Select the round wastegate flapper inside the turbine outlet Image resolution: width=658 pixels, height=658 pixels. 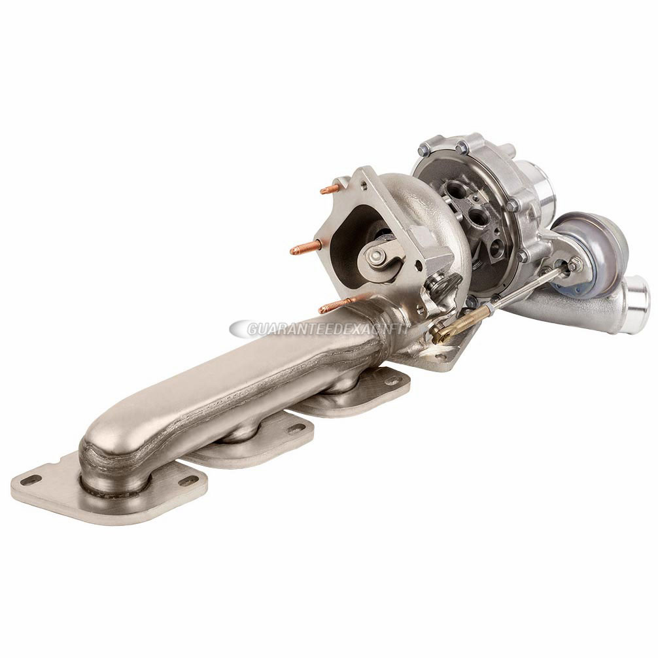click(x=377, y=256)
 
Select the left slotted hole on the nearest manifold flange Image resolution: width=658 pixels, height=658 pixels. click(x=29, y=480)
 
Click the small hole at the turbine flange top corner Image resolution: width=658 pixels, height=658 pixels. click(x=341, y=181)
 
